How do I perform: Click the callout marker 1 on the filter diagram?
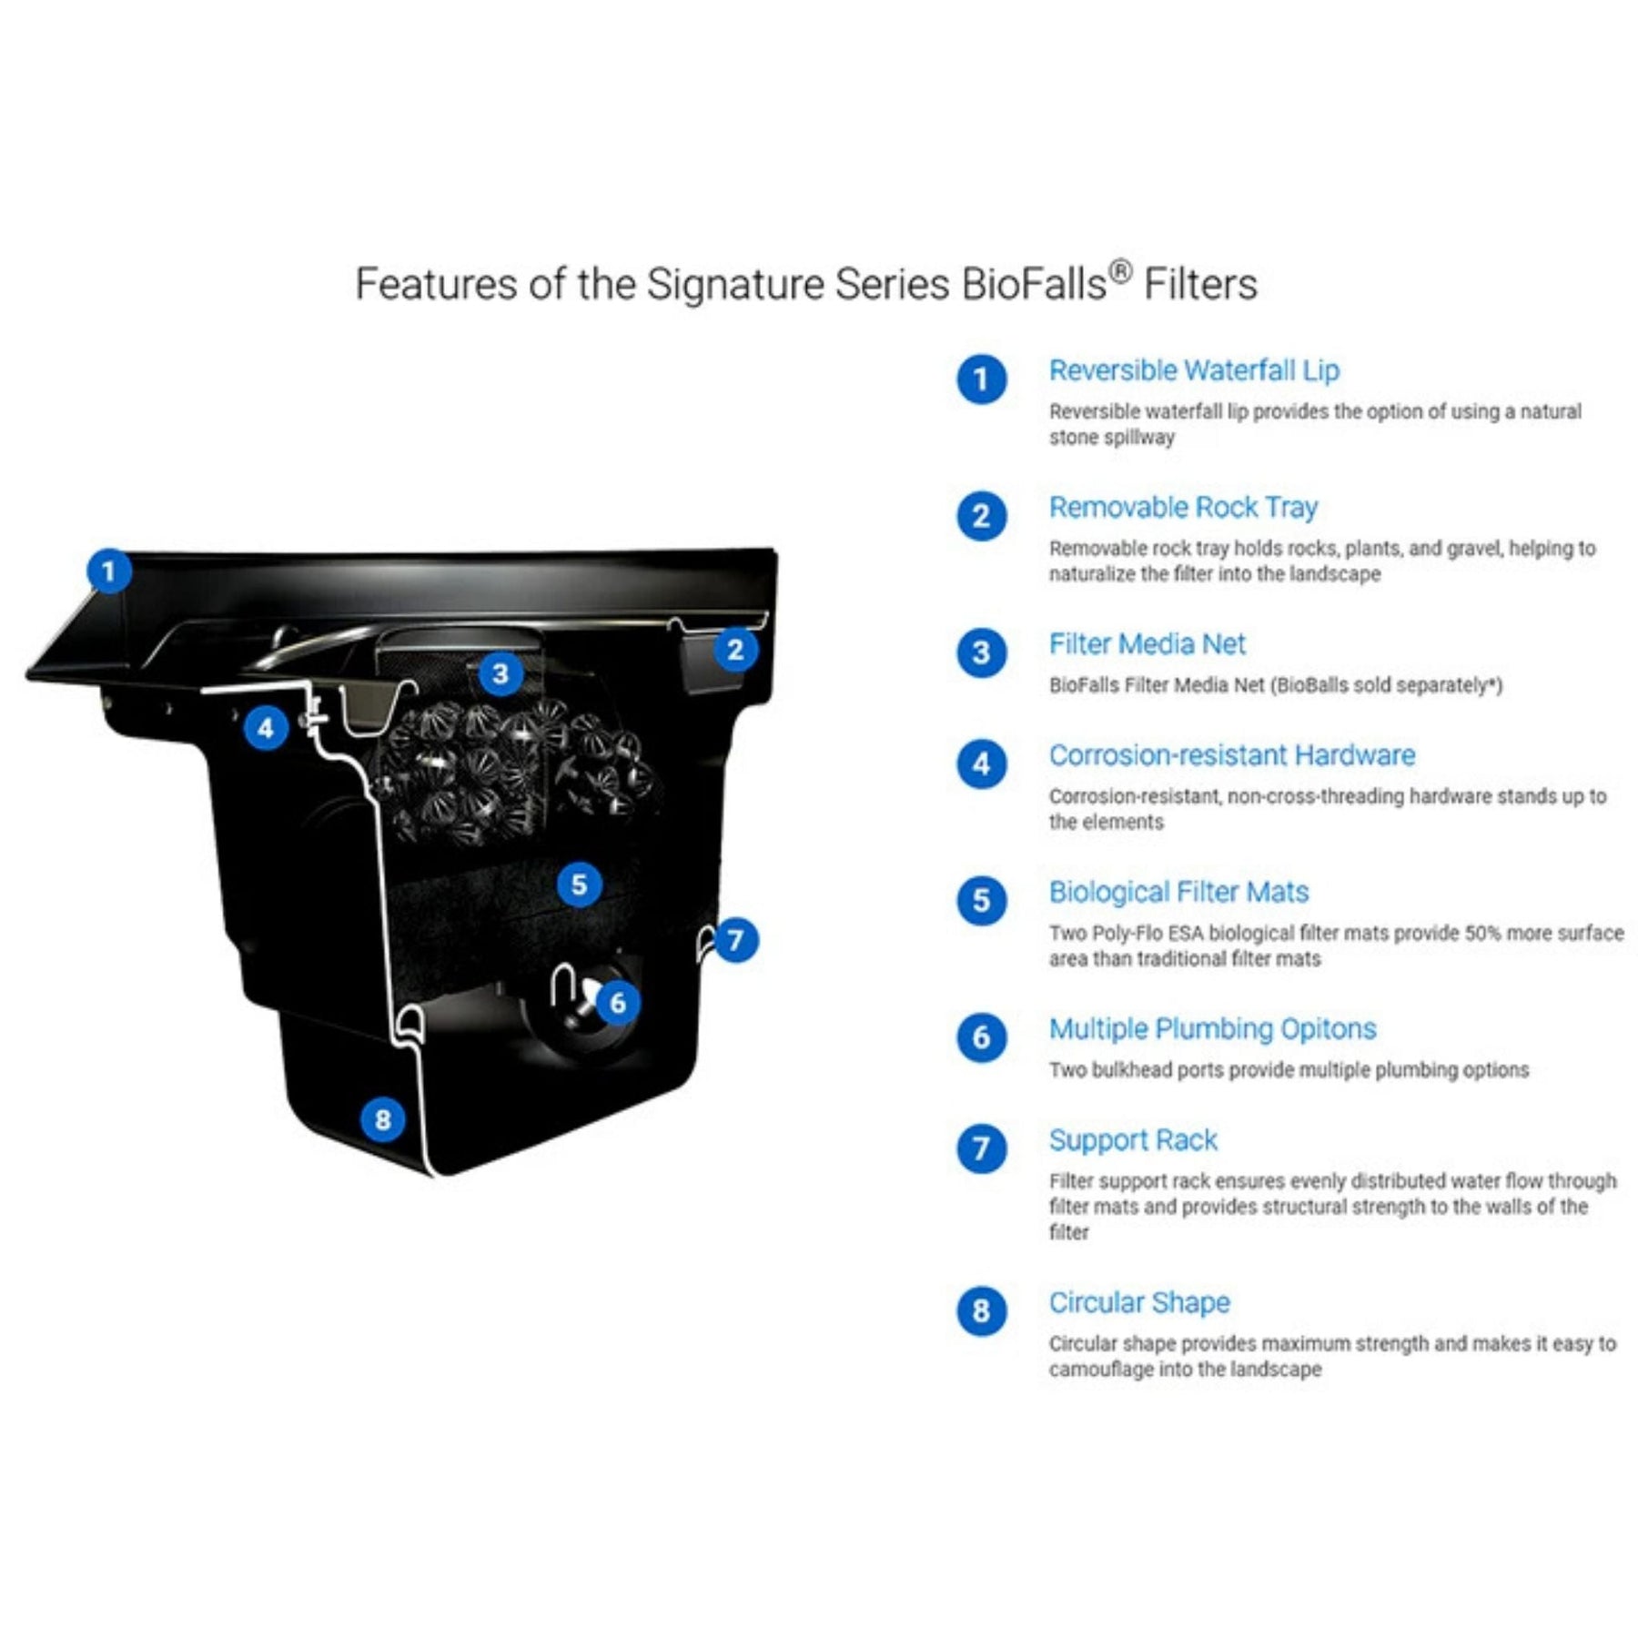pos(109,571)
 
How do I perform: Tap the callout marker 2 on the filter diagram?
pos(735,650)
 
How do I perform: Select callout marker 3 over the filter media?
pos(500,674)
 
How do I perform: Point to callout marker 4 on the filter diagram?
pos(266,728)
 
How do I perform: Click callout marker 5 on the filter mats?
pos(579,885)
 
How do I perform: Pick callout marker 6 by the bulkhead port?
pos(618,1003)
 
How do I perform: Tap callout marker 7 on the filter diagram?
pos(735,940)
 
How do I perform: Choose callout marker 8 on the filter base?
pos(382,1119)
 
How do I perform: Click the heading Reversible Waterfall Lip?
pos(1194,371)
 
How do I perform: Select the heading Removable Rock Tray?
pos(1183,508)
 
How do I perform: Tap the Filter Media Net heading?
pos(1147,644)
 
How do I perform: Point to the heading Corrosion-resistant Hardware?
pos(1232,755)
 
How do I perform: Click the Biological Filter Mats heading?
pos(1178,893)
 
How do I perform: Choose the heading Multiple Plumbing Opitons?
pos(1212,1029)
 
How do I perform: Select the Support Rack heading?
pos(1133,1140)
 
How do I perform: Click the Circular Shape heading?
pos(1139,1303)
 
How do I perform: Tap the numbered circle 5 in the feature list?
pos(981,901)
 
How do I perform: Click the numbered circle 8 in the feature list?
pos(981,1311)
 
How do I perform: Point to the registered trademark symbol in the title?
pos(1121,271)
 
